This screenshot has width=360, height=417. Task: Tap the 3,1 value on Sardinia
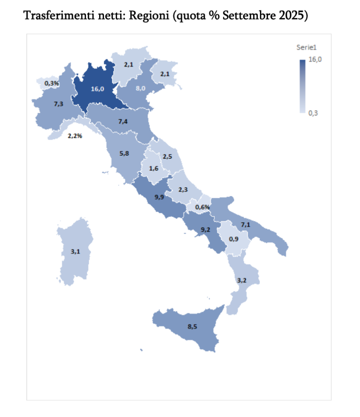point(75,251)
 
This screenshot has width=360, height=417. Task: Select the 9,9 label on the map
point(160,197)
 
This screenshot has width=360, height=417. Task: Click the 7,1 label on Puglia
point(246,225)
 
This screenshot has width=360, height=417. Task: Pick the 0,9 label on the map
point(234,239)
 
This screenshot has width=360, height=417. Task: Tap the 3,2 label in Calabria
point(242,281)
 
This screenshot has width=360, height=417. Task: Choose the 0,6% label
point(202,207)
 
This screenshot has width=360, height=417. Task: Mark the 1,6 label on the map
point(154,168)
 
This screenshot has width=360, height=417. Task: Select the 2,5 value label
point(167,156)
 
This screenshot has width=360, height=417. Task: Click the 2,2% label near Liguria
point(75,136)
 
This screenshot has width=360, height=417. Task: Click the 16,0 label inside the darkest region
point(97,89)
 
